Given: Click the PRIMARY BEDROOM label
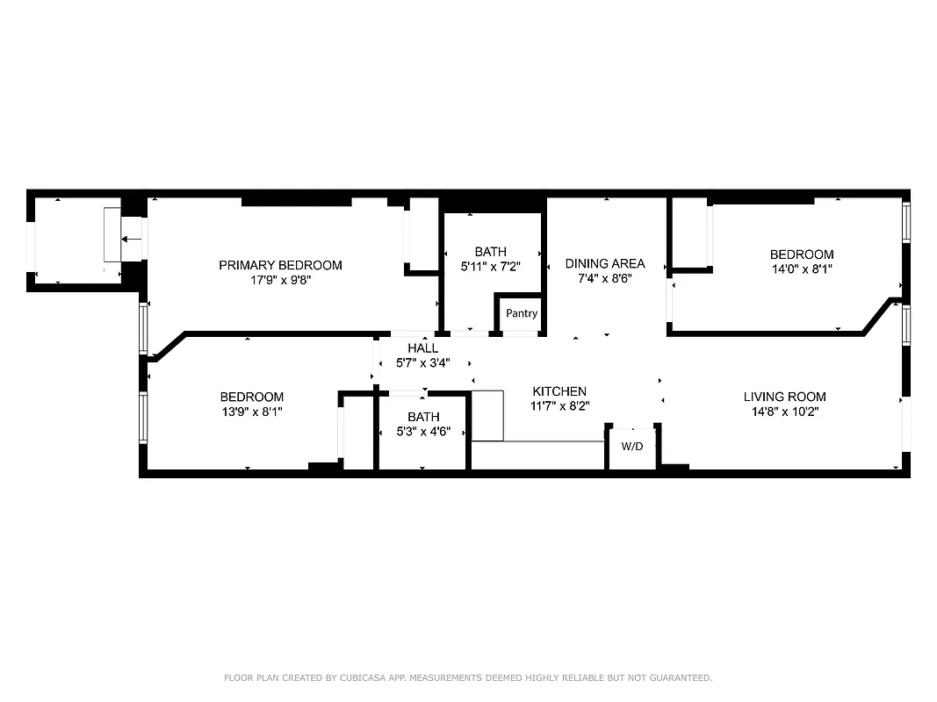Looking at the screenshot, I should point(280,265).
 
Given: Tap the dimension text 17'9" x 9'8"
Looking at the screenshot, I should point(280,281).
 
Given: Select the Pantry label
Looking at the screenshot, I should point(522,313).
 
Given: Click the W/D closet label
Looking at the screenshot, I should point(632,447).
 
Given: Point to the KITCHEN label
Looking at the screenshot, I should point(559,391).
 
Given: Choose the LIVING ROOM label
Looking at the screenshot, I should point(784,397).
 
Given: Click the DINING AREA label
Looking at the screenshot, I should point(604,263).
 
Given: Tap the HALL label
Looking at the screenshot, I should point(422,348).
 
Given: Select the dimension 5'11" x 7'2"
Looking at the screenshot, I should point(490,268).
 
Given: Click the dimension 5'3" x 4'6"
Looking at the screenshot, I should point(423,432).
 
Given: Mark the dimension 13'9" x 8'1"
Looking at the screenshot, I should point(251,412).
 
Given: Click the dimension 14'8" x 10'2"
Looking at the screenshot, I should point(784,412).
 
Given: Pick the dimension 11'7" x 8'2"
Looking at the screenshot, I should point(559,406).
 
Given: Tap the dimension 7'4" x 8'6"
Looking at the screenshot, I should point(604,278).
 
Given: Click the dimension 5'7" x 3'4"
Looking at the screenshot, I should point(422,363).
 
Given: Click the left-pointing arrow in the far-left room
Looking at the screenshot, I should point(132,239).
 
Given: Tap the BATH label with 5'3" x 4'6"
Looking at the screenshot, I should point(423,417).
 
